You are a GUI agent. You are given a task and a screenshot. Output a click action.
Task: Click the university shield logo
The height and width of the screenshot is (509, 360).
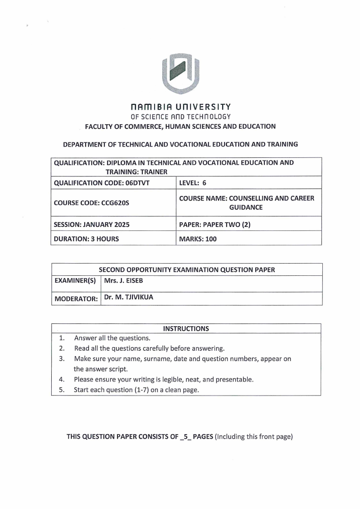click(180, 73)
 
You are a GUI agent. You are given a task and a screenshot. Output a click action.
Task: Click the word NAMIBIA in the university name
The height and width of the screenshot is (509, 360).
click(153, 107)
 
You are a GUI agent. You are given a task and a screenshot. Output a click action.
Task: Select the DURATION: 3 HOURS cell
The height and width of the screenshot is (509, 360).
click(86, 239)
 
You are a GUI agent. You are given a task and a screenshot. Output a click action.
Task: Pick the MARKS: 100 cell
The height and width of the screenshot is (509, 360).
click(198, 239)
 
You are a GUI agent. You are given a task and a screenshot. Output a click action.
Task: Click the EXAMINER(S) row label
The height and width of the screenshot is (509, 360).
click(75, 281)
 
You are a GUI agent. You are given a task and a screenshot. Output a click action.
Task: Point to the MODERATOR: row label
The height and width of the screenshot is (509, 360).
click(76, 299)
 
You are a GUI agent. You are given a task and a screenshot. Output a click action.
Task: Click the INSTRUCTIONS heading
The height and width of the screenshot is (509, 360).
click(186, 329)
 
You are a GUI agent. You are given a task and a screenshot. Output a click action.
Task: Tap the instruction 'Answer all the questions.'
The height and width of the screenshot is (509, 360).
click(112, 338)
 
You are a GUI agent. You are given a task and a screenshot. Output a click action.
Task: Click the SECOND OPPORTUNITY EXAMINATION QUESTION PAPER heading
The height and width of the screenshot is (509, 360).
click(187, 269)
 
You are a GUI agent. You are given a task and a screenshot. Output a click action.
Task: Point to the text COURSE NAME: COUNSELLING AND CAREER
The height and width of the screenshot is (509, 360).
click(247, 198)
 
